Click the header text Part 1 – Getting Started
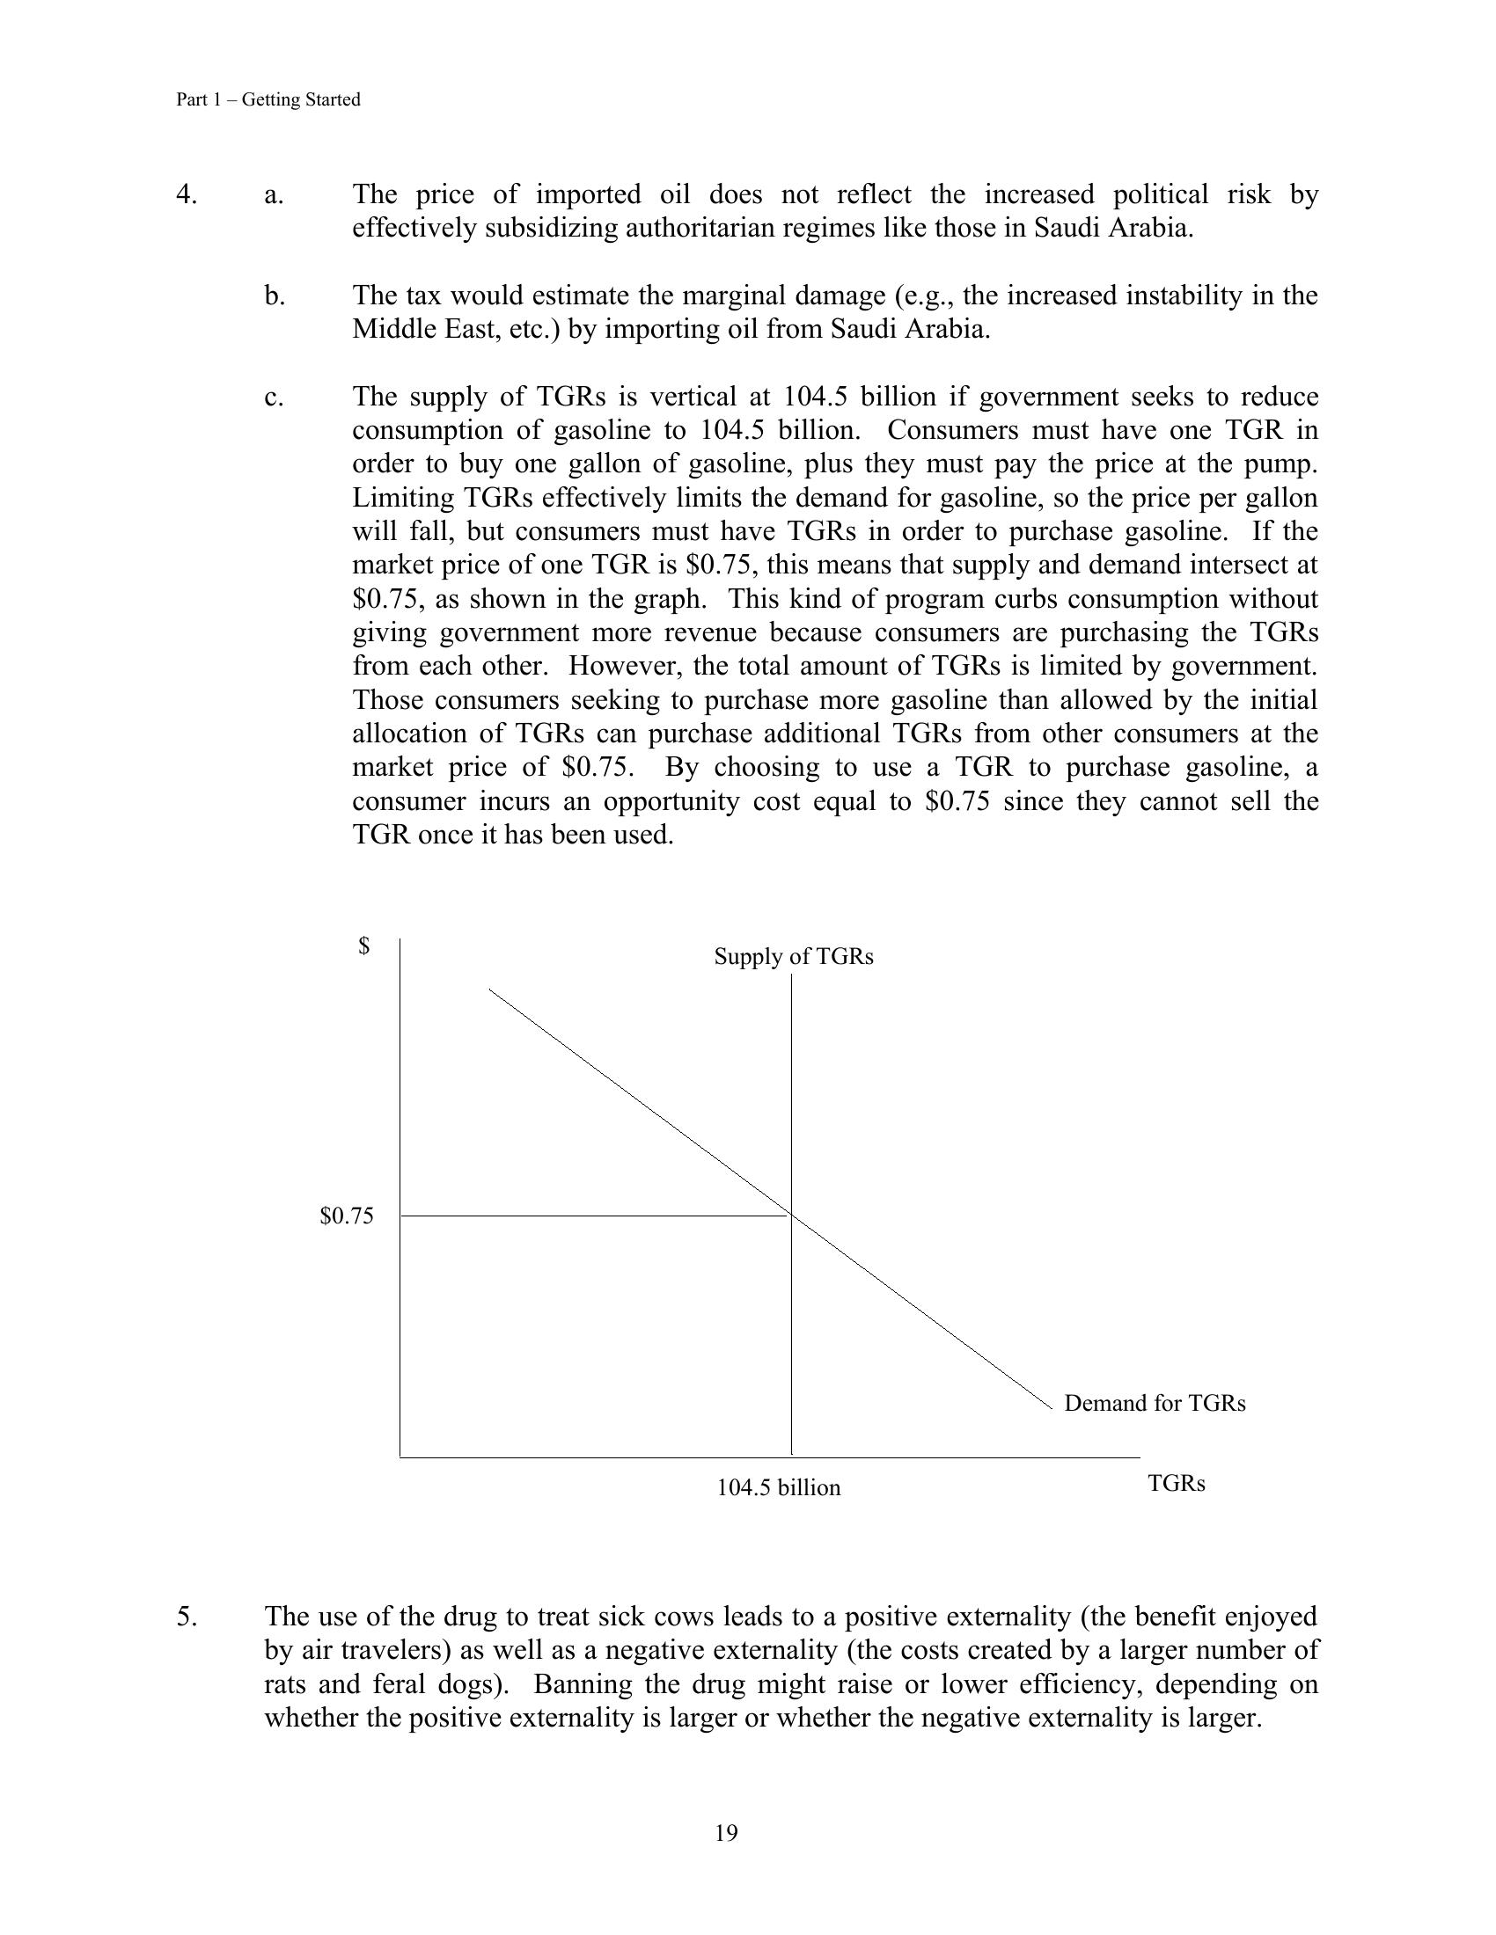coord(268,99)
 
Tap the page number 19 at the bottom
coord(726,1833)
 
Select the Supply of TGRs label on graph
coord(793,957)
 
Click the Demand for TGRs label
coord(1154,1404)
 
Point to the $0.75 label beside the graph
coord(347,1216)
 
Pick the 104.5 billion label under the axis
coord(778,1487)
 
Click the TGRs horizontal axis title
coord(1176,1484)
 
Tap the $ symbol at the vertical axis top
coord(363,946)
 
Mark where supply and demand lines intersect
coord(791,1216)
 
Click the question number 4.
coord(186,194)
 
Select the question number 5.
coord(186,1617)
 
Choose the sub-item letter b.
coord(275,295)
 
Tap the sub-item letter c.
coord(274,397)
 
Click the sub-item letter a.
coord(274,194)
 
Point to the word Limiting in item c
coord(404,498)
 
